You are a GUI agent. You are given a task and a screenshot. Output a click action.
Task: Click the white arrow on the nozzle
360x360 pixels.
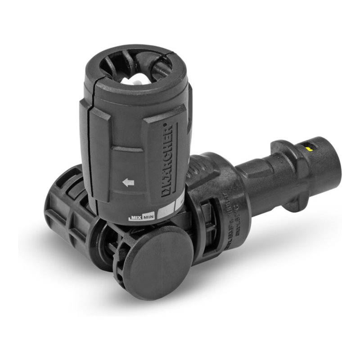pos(129,182)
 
